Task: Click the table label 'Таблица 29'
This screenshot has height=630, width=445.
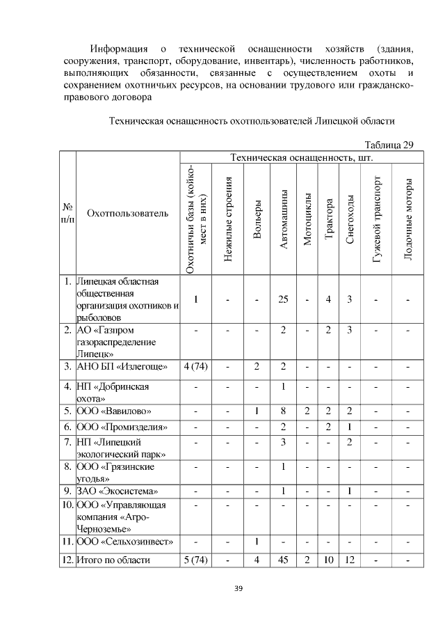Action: (389, 145)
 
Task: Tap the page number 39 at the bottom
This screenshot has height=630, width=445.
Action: (238, 589)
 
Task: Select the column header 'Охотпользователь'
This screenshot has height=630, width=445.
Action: (127, 213)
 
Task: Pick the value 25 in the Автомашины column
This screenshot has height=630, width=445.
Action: (283, 299)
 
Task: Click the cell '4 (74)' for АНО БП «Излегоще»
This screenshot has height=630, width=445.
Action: (196, 366)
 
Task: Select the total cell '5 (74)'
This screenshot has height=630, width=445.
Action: (196, 560)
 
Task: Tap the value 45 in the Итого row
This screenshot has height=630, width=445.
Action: (283, 560)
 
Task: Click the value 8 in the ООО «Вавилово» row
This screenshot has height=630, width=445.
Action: (283, 411)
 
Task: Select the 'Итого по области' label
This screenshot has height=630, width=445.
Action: (113, 560)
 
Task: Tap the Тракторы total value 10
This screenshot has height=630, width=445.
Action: (328, 560)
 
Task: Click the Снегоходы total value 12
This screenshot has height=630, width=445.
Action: (350, 560)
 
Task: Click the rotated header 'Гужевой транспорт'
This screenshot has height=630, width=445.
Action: (376, 219)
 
